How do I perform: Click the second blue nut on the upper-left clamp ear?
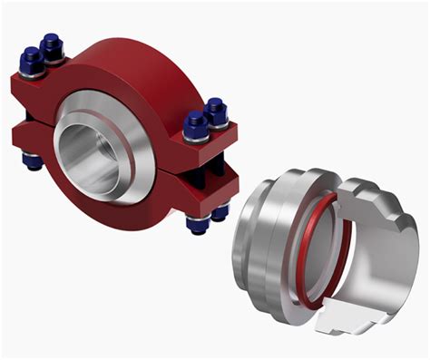[x=53, y=44]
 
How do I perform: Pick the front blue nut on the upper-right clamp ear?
[x=195, y=124]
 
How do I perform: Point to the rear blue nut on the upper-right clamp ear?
[x=216, y=111]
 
